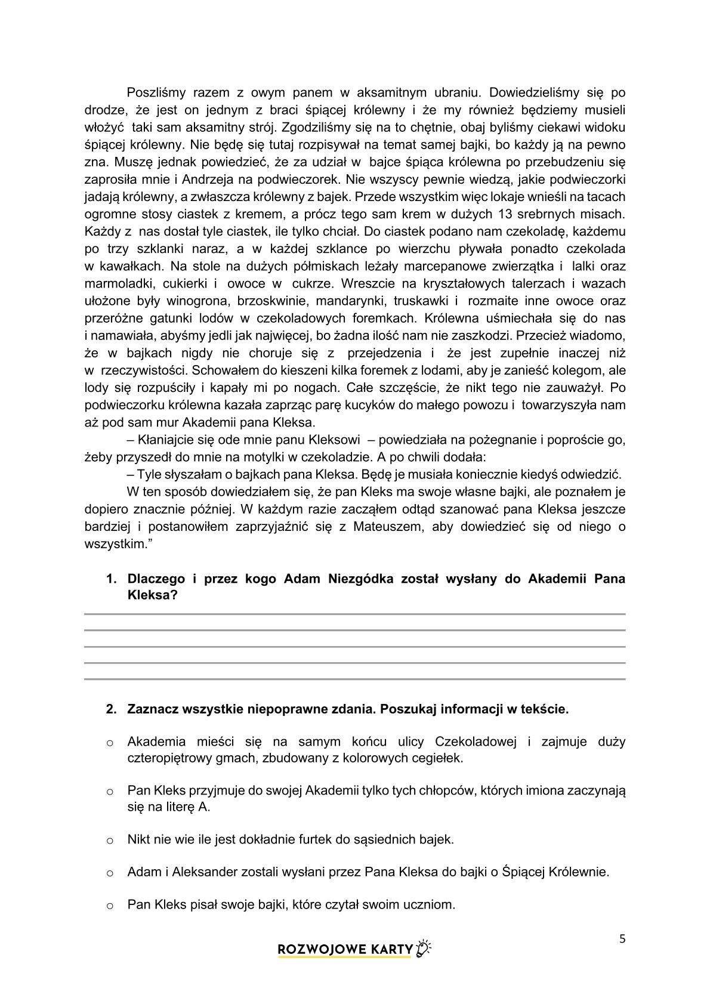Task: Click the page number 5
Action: [x=622, y=940]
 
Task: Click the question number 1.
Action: [x=110, y=579]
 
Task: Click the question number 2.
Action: [x=110, y=709]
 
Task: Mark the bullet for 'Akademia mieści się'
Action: [x=110, y=743]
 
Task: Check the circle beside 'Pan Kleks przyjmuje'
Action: [x=110, y=792]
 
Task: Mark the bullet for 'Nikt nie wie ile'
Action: [x=110, y=841]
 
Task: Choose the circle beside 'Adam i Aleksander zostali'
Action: [x=110, y=873]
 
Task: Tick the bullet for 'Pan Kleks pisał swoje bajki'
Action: [x=110, y=906]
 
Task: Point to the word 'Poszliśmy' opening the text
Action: [x=157, y=92]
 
